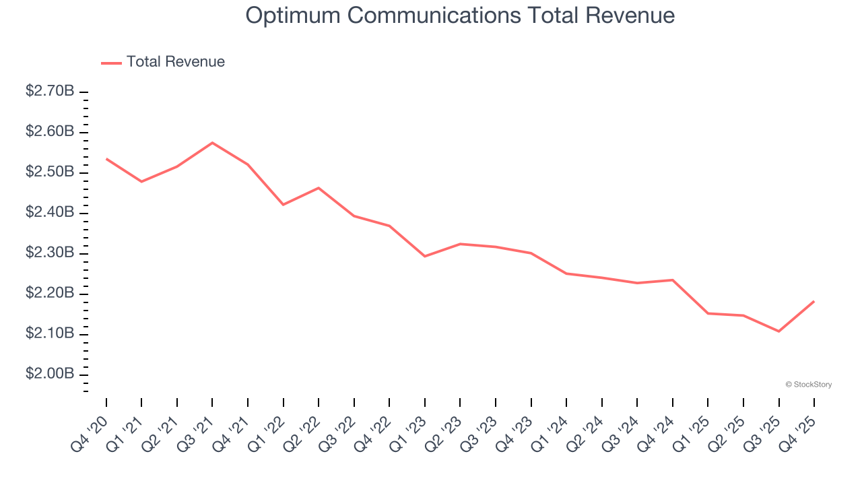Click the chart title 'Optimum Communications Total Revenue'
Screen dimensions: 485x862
(460, 15)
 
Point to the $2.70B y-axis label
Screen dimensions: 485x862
(50, 91)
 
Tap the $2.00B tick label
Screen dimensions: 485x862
(50, 374)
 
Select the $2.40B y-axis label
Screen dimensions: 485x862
(50, 212)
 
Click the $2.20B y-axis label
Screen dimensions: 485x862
(50, 293)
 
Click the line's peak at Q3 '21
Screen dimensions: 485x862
(212, 143)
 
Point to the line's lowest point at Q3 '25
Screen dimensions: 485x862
(779, 331)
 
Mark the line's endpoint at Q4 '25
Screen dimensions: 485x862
(814, 301)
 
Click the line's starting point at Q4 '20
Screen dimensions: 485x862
(106, 159)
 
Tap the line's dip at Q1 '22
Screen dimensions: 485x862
(284, 204)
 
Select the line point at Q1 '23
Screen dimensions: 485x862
(425, 256)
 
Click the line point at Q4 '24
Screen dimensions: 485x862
(673, 280)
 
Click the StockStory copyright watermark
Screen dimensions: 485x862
(808, 385)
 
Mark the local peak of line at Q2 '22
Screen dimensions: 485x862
(319, 188)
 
